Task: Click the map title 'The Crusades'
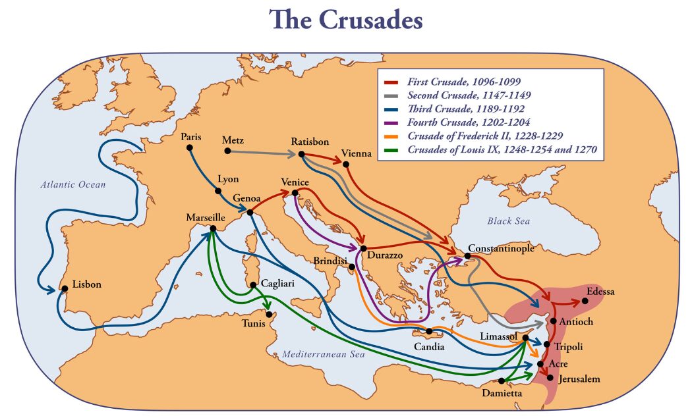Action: pyautogui.click(x=345, y=20)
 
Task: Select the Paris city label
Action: pyautogui.click(x=191, y=137)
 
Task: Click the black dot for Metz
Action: pyautogui.click(x=228, y=151)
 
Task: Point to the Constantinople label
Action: pyautogui.click(x=501, y=248)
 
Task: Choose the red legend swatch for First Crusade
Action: pyautogui.click(x=391, y=82)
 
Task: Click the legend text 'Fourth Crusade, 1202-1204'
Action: pyautogui.click(x=469, y=122)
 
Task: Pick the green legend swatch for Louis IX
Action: pyautogui.click(x=391, y=150)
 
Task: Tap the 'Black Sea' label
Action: pyautogui.click(x=509, y=221)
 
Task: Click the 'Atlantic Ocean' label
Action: pyautogui.click(x=72, y=185)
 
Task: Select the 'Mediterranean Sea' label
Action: pyautogui.click(x=324, y=354)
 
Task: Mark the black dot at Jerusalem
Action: pyautogui.click(x=550, y=377)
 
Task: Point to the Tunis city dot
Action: pyautogui.click(x=269, y=314)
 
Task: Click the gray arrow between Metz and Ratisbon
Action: pyautogui.click(x=264, y=153)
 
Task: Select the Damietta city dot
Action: pyautogui.click(x=502, y=381)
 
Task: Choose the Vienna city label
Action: pyautogui.click(x=356, y=153)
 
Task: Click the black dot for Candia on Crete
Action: pyautogui.click(x=428, y=331)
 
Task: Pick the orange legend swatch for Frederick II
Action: pyautogui.click(x=391, y=136)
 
